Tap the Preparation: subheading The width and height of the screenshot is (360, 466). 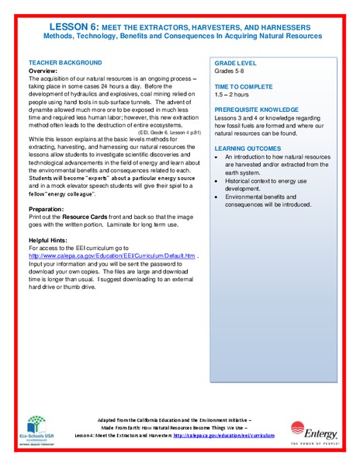click(x=46, y=210)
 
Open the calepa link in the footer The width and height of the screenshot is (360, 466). click(x=224, y=436)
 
